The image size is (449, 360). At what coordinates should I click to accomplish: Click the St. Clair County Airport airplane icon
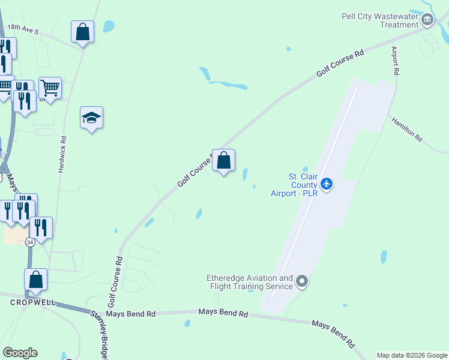pos(327,183)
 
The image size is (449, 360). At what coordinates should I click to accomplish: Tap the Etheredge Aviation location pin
pos(302,281)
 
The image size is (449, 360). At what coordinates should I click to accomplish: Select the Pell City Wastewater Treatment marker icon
pos(427,20)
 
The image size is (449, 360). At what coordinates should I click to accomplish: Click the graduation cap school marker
pos(92,118)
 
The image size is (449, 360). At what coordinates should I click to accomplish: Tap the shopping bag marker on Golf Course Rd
pos(223,161)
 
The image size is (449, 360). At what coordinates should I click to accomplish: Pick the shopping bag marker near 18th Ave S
pos(83,32)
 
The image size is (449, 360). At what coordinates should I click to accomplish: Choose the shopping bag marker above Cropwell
pos(36,279)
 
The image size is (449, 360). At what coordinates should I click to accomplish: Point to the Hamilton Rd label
pos(408,130)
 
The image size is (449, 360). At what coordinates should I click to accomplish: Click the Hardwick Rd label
pos(62,154)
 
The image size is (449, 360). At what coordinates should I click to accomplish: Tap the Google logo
pos(20,353)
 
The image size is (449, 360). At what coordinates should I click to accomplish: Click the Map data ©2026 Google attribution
pos(412,355)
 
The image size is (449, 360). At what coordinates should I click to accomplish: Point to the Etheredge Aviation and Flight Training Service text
pos(250,282)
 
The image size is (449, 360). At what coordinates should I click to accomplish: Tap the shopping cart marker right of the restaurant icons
pos(50,88)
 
